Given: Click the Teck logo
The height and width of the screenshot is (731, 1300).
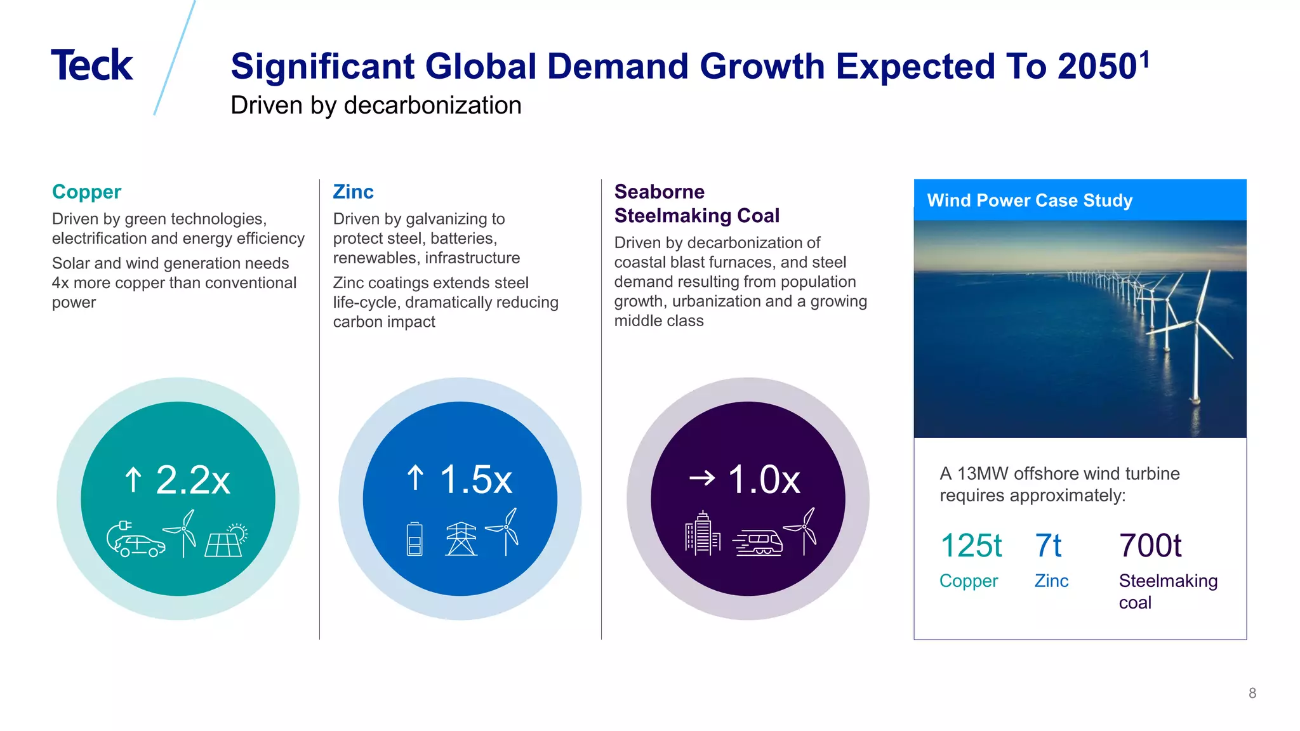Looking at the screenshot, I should [x=92, y=65].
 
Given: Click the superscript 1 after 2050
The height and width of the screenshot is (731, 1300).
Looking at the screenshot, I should [x=1144, y=60].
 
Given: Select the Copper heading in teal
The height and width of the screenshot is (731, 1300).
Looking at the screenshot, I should [x=86, y=192].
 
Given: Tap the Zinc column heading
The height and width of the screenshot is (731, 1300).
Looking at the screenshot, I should [x=353, y=192].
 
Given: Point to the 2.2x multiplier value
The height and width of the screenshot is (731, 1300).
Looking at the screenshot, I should [x=192, y=480].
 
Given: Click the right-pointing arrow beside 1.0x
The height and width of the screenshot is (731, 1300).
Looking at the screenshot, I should [x=702, y=478].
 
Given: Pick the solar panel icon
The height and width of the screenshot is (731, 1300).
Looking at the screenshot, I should [x=225, y=541].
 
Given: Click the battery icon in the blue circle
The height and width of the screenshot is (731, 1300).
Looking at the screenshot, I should [x=415, y=539].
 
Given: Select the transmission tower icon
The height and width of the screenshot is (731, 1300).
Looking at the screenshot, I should [x=461, y=539].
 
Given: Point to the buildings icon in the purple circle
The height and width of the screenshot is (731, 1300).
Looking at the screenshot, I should [x=702, y=534].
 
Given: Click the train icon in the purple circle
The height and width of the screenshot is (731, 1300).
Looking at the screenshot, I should [x=758, y=543].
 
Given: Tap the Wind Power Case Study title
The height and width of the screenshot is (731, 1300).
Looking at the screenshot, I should [x=1029, y=201].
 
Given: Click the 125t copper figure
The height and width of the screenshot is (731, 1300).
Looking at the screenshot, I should [x=971, y=546].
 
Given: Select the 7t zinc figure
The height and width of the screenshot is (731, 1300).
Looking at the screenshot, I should [x=1048, y=546].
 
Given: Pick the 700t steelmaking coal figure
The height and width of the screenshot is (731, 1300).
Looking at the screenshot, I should [x=1150, y=546].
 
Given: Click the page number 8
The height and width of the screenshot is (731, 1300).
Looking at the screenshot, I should [x=1252, y=693].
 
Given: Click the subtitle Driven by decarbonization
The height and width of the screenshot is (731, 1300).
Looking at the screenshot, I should [x=376, y=105].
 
